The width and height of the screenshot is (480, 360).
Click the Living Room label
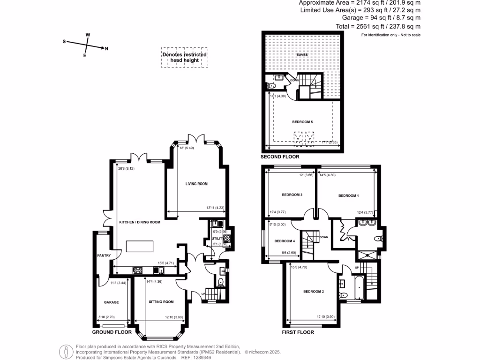tap(196, 184)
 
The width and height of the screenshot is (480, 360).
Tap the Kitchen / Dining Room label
tap(140, 222)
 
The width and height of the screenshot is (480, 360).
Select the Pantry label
tap(104, 255)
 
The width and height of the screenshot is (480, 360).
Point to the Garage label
tap(111, 302)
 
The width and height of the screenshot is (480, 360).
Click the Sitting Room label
tap(161, 302)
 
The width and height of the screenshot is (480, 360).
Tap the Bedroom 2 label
tap(314, 292)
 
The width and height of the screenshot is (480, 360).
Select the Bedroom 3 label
tap(292, 195)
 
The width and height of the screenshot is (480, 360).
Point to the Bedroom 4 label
tap(284, 241)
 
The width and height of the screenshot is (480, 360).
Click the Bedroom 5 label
tap(302, 122)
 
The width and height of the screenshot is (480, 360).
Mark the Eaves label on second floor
tap(302, 55)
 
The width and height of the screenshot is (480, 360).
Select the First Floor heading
tap(298, 332)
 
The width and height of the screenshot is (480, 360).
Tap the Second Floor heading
tap(281, 157)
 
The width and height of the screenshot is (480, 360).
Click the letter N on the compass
tap(106, 48)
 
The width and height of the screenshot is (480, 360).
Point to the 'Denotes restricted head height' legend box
tap(185, 57)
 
